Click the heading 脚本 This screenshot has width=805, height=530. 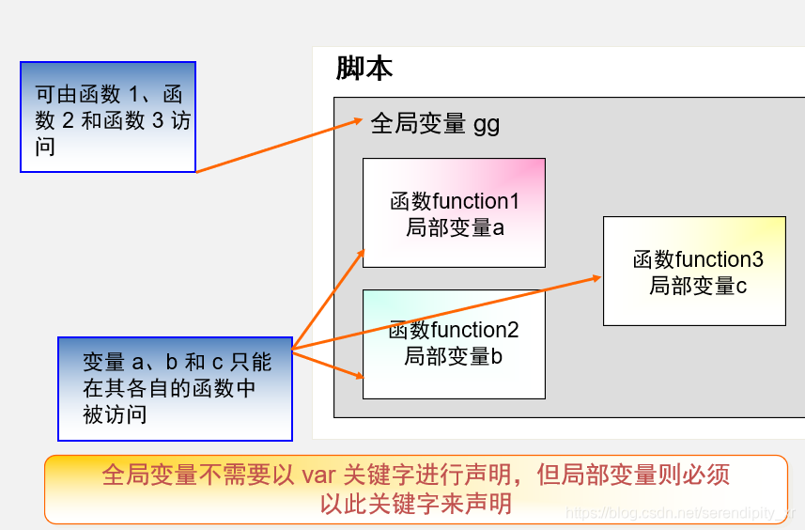364,69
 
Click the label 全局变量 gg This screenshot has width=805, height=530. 435,124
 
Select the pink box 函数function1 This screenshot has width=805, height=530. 454,212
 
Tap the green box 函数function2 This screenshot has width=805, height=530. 454,344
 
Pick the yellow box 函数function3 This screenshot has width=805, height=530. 694,271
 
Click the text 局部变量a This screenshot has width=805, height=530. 456,227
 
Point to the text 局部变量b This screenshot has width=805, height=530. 454,357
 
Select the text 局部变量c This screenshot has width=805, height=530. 698,286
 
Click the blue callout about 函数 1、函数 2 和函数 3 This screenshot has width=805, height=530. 108,117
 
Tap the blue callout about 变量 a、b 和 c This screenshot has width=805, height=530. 175,388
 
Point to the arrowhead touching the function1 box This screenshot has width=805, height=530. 360,252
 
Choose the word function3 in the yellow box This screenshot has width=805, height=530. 720,259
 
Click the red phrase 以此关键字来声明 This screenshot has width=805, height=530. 416,504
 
